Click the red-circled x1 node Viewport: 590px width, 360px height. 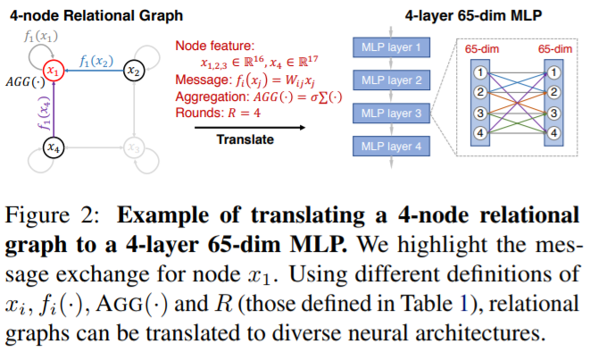(54, 71)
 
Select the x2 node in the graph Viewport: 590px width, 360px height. (132, 71)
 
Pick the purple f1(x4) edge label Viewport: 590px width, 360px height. (38, 111)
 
